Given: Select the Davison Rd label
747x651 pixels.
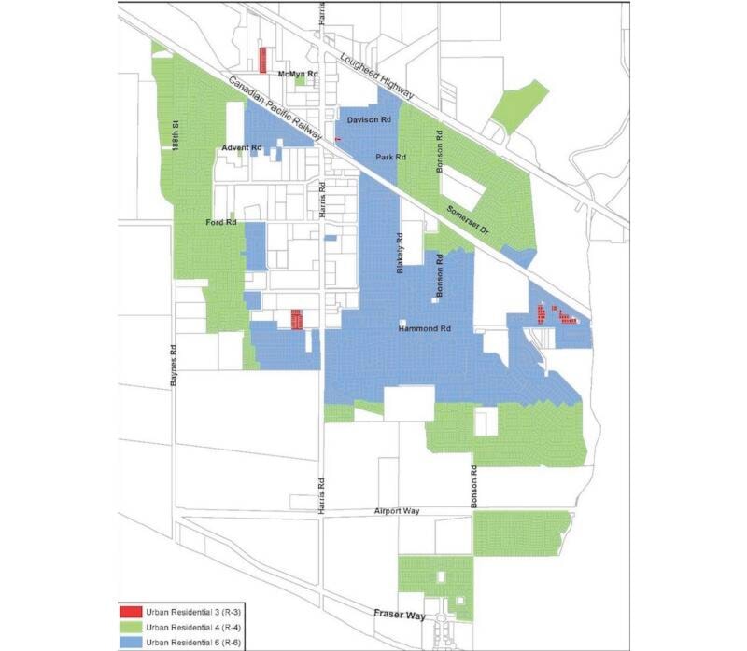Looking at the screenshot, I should click(367, 121).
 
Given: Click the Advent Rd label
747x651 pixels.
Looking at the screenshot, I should click(242, 148).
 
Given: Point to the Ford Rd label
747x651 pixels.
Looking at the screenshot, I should click(221, 223).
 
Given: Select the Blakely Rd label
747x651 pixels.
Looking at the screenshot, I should click(399, 252).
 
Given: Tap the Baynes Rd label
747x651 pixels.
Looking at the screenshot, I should click(173, 364).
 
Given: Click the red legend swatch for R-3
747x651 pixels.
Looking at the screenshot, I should click(130, 612).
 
